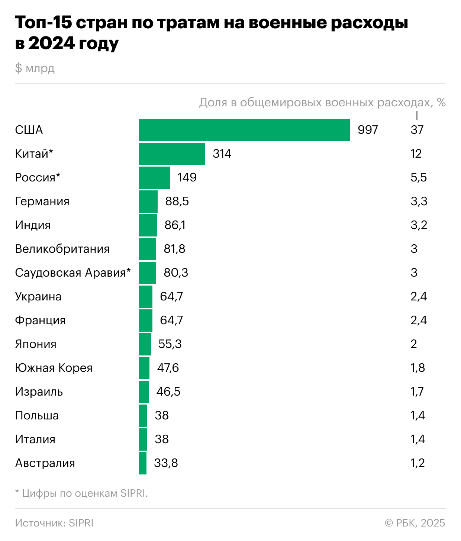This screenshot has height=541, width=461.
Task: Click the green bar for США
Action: tap(244, 130)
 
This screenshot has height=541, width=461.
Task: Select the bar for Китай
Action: tap(172, 154)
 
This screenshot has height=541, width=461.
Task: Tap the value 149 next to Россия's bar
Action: tap(187, 177)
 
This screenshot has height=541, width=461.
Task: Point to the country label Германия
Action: tap(42, 201)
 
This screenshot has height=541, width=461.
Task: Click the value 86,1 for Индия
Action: tap(175, 225)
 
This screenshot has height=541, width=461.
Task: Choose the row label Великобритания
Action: tap(62, 249)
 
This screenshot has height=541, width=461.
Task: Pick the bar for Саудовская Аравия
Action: tap(148, 273)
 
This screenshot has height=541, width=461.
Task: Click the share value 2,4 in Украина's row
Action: tap(418, 296)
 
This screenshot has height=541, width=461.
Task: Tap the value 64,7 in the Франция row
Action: tap(171, 320)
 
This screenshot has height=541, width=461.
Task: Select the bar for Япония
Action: tap(145, 344)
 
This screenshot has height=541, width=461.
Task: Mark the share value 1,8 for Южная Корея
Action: tap(418, 368)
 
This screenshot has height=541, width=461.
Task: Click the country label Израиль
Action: tap(39, 392)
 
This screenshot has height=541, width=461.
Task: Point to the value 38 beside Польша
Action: tap(162, 415)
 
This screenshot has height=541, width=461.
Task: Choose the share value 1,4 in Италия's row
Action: tap(418, 439)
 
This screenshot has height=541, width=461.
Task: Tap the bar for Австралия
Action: tap(143, 463)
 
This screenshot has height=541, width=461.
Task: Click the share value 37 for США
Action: tap(417, 130)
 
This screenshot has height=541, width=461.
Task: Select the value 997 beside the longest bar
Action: tap(368, 130)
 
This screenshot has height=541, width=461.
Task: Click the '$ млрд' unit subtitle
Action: tap(35, 68)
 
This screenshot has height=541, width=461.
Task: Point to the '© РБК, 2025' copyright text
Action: tap(415, 523)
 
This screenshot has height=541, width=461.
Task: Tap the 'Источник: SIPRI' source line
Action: tap(54, 523)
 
